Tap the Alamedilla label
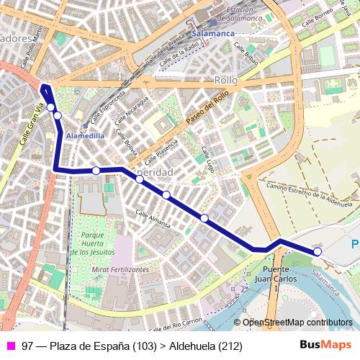click(86, 135)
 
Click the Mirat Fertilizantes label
click(120, 269)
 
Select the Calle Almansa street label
click(153, 219)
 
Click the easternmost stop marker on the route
click(318, 251)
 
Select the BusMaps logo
click(325, 346)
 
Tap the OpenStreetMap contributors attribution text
click(297, 323)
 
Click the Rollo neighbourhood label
click(226, 81)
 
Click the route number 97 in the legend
click(27, 346)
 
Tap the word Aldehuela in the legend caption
click(192, 346)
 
